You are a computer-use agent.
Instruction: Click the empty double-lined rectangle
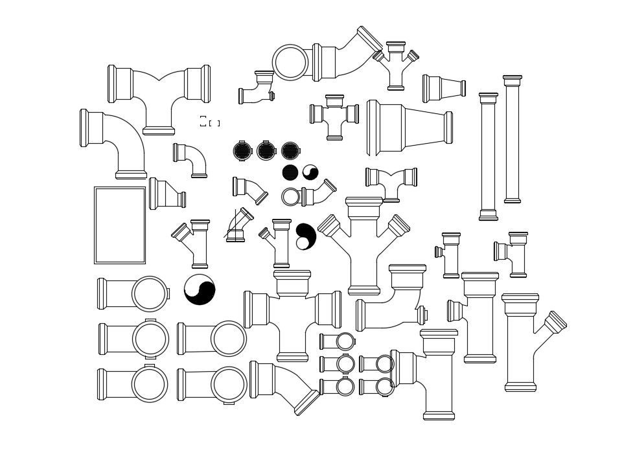click(x=120, y=225)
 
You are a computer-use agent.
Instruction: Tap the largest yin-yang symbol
click(x=200, y=289)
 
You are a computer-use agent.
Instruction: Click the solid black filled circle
click(x=290, y=172)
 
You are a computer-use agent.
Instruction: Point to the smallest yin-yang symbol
click(x=310, y=172)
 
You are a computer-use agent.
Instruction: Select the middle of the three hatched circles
click(x=266, y=151)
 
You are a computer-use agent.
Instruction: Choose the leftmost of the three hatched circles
click(x=242, y=151)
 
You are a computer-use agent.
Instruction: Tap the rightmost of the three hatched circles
click(x=290, y=151)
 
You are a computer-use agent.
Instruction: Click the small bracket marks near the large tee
click(x=209, y=122)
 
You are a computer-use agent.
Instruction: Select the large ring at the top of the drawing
click(x=290, y=62)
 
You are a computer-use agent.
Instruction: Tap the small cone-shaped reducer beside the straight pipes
click(x=444, y=88)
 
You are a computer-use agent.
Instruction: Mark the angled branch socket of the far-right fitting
click(x=555, y=323)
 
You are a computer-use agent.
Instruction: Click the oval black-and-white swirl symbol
click(x=305, y=236)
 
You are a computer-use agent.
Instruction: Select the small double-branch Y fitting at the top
click(x=396, y=63)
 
